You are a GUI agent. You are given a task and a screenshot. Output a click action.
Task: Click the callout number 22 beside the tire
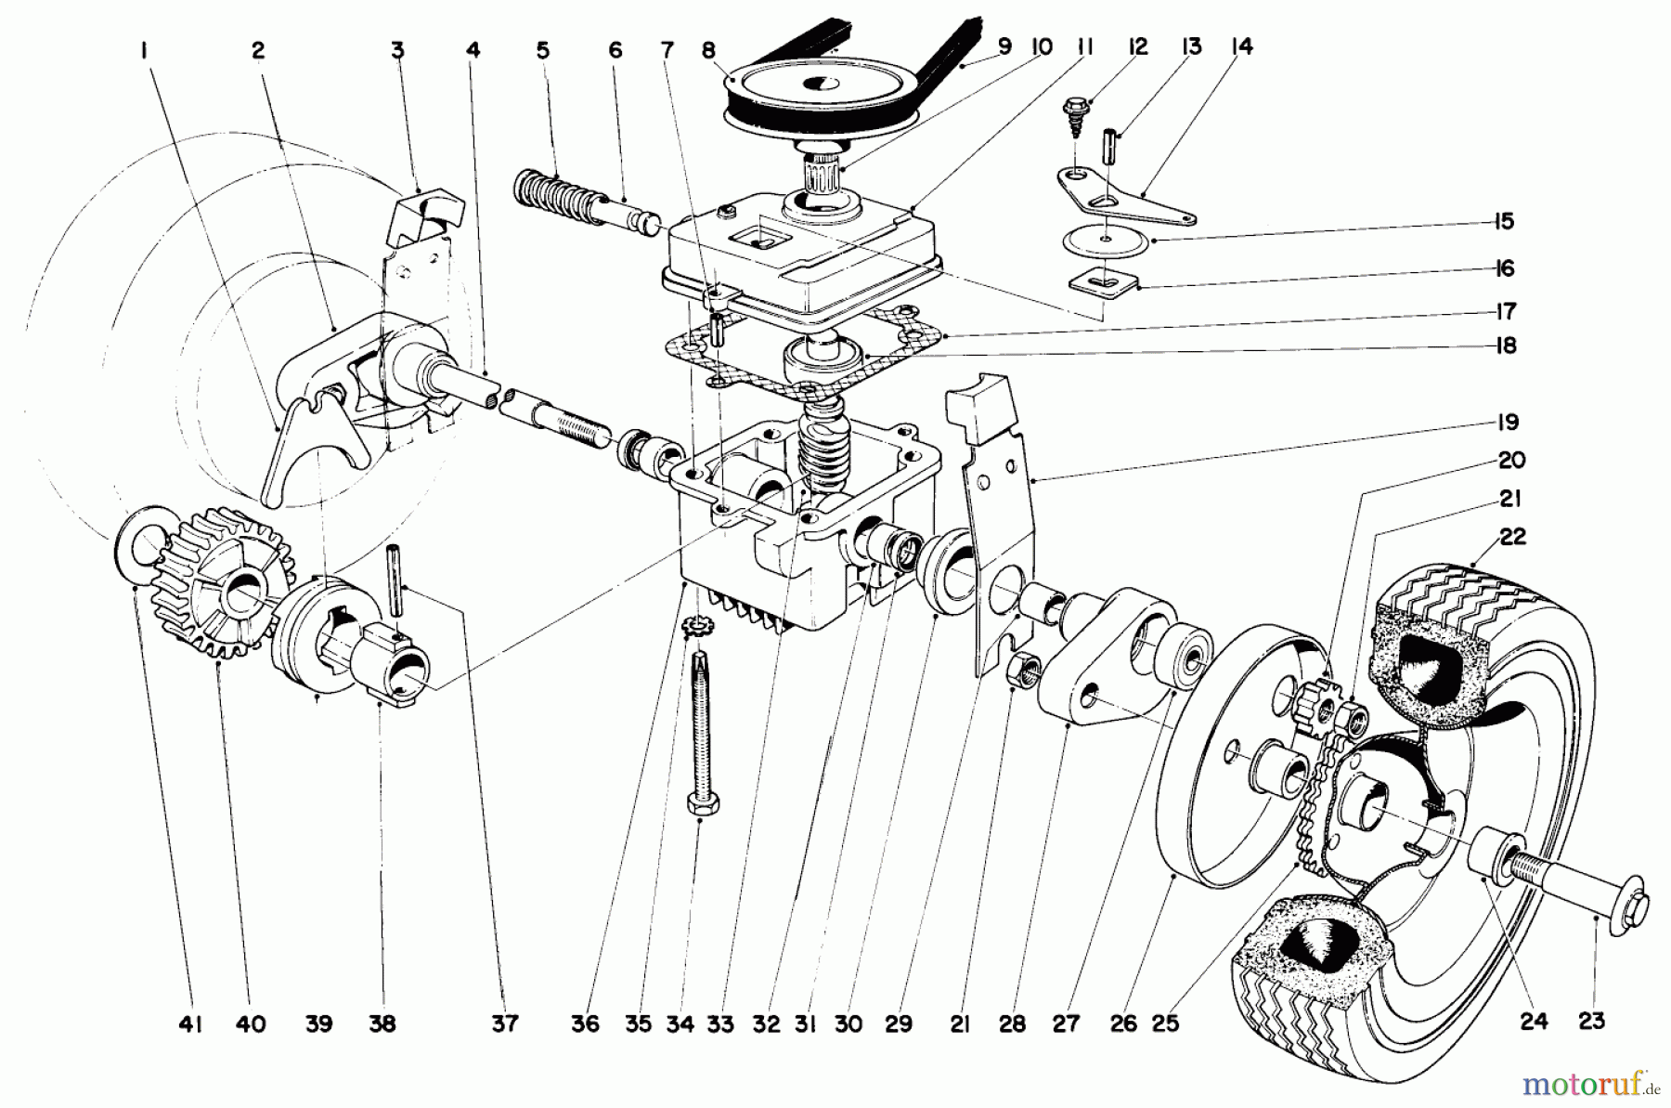coord(1512,537)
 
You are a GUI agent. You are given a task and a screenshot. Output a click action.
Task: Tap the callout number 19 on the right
coord(1509,424)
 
